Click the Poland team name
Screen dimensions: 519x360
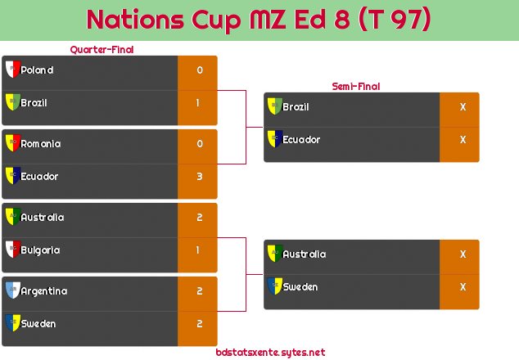(x=37, y=70)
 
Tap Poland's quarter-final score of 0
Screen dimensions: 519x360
(x=200, y=70)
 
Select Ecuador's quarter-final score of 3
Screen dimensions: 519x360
(x=200, y=177)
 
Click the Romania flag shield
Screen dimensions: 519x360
(x=13, y=143)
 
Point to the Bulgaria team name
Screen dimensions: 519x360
(x=40, y=250)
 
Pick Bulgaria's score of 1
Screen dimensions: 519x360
(x=198, y=250)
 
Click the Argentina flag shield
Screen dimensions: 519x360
(x=13, y=290)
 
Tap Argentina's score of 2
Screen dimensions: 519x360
(x=200, y=290)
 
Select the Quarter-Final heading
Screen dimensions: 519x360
(x=102, y=50)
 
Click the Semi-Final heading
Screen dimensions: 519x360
(x=356, y=87)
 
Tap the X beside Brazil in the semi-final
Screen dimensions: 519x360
(x=463, y=106)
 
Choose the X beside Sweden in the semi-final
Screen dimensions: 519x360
(x=463, y=286)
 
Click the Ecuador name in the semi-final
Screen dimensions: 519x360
(x=301, y=140)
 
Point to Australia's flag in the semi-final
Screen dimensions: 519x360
(x=275, y=254)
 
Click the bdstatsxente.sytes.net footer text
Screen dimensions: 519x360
(x=270, y=353)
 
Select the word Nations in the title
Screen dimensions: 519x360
(x=135, y=19)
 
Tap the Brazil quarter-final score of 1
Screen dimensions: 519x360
(x=198, y=102)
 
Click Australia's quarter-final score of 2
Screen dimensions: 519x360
(x=200, y=217)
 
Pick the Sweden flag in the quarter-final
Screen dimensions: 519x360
(x=13, y=323)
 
